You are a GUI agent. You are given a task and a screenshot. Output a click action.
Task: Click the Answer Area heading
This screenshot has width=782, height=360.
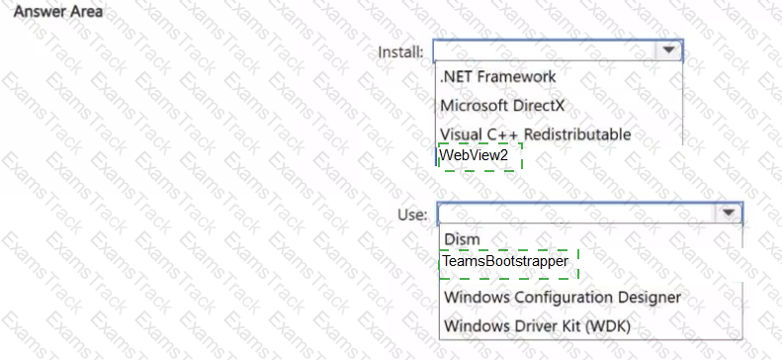pos(58,12)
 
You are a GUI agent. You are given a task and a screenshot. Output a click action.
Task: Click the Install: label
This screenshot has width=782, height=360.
pos(401,51)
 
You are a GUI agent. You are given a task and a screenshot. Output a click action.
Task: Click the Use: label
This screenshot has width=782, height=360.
pos(412,215)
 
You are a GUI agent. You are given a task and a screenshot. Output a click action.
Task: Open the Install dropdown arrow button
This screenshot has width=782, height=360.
pos(668,49)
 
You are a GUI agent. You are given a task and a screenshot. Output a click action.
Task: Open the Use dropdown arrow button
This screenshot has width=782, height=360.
pos(729,213)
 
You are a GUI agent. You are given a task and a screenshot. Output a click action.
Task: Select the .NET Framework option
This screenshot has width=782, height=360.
pos(497,77)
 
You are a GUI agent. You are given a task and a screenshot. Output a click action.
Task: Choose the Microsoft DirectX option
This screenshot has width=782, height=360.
pos(502,106)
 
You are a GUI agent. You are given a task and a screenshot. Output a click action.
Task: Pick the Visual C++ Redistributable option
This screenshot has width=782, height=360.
pos(535,135)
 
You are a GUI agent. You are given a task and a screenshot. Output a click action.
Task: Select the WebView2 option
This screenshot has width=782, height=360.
pos(474,155)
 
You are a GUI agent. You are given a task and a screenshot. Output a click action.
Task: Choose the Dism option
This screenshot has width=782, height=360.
pos(462,239)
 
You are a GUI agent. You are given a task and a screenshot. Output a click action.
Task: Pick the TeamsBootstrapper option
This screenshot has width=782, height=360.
pos(505,261)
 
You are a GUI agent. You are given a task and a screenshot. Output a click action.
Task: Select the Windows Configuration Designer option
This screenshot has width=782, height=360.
pos(563,297)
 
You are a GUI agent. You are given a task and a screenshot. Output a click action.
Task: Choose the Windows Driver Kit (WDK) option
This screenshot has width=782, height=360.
pos(537,326)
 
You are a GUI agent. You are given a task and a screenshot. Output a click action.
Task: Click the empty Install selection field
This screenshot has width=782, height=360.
pos(545,50)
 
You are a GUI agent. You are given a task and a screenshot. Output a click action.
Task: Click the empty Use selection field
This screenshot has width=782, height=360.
pos(577,214)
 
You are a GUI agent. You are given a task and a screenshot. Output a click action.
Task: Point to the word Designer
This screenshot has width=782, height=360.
pos(649,298)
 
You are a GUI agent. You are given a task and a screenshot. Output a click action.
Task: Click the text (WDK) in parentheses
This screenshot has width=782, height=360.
pos(607,326)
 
